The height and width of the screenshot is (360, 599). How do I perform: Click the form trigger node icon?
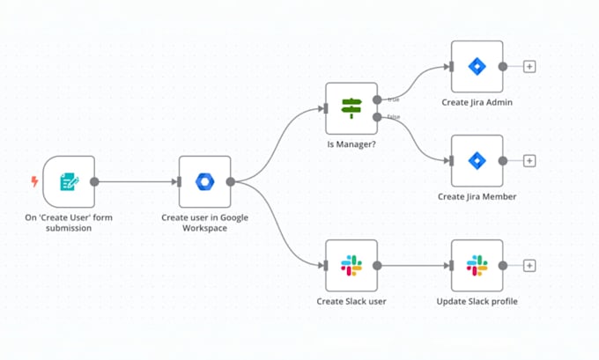coord(68,182)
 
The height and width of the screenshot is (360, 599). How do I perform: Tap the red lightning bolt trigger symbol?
coord(34,182)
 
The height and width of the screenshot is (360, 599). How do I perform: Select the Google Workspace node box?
coord(204,182)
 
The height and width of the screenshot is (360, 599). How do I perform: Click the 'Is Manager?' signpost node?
coord(351,108)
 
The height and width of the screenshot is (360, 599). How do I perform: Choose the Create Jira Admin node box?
coord(477,66)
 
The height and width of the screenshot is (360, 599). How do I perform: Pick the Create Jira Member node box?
coord(477,160)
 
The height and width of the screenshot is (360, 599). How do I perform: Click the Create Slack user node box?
coord(351,265)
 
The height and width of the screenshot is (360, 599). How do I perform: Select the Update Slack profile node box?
coord(477,265)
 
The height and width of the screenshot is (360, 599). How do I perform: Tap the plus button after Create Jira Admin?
coord(529,66)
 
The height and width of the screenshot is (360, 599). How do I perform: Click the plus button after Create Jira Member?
coord(529,160)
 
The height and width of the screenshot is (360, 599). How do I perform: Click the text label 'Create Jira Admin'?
coord(477,103)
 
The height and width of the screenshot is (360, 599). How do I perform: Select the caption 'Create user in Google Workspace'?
coord(205,222)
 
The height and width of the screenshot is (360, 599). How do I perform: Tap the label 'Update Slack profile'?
coord(477,302)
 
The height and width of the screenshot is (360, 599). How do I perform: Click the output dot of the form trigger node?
coord(94,182)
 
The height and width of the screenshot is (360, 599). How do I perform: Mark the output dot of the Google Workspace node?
coord(231,182)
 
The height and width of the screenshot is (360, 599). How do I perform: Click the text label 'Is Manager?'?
coord(351,145)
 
